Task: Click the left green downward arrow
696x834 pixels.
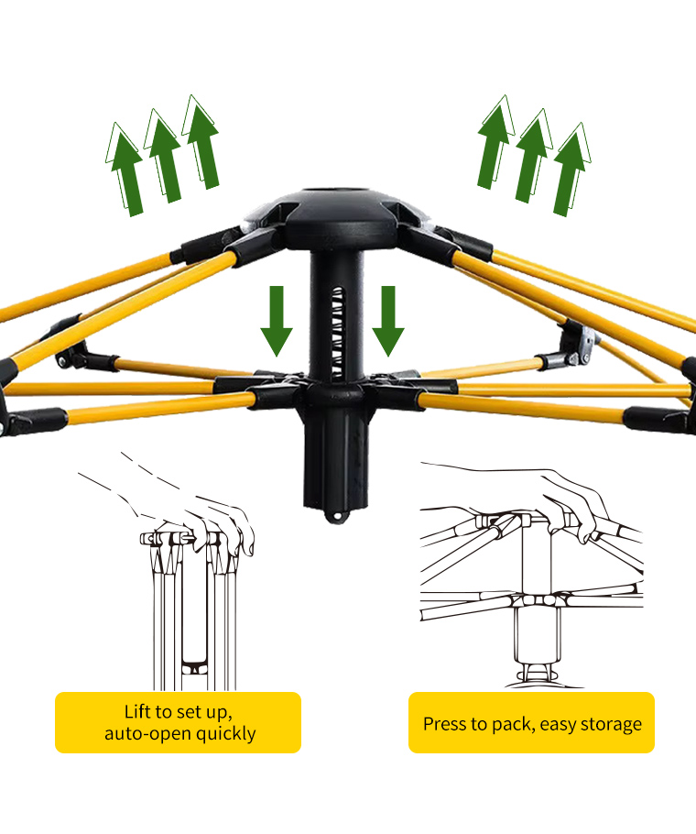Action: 277,320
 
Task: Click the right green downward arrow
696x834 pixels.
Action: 388,320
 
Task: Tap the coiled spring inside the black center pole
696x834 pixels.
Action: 337,333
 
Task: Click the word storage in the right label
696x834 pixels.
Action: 611,724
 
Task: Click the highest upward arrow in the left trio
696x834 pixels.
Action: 201,142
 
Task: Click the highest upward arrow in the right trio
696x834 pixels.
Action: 495,142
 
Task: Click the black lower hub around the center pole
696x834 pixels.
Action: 334,393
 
